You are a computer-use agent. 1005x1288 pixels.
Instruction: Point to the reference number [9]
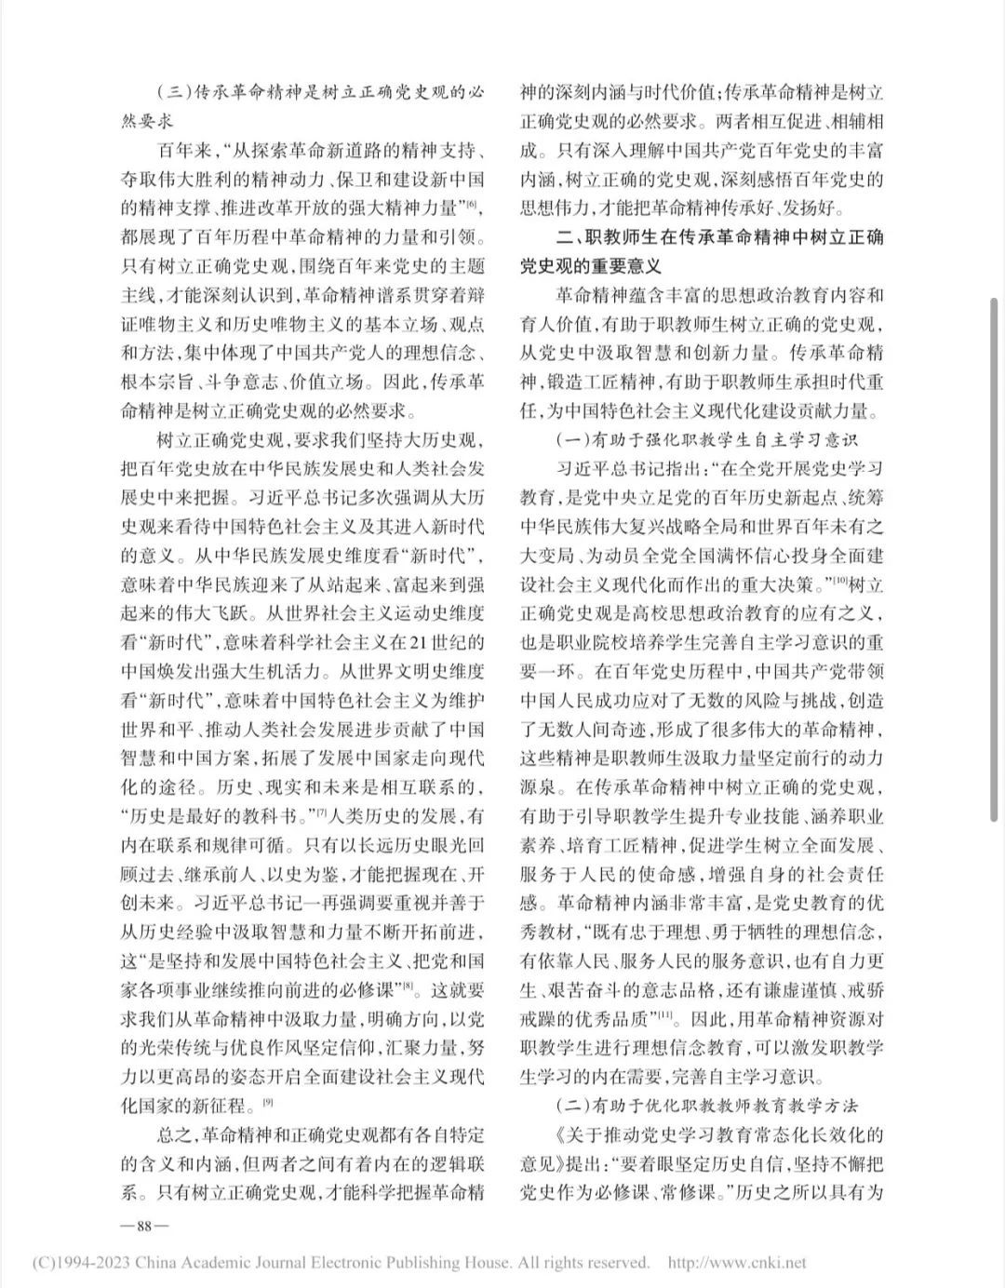click(x=266, y=1105)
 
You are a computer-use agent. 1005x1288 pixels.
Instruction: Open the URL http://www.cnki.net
click(x=737, y=1263)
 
